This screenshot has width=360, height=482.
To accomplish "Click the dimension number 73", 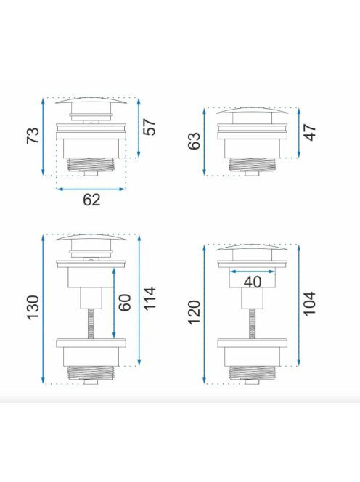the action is point(33,135).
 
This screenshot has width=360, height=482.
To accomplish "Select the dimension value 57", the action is point(150,127).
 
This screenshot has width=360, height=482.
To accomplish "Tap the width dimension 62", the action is point(91,200).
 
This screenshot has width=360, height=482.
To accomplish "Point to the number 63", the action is point(194,141).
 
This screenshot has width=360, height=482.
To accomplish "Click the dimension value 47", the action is point(310,132).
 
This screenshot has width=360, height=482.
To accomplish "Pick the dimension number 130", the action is point(33,308).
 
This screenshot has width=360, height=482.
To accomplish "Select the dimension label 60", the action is point(125,303).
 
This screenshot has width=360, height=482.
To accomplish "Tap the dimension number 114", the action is point(150,299).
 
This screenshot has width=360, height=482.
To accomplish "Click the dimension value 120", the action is point(194,313).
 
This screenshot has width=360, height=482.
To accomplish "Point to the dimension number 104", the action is point(310,303).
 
